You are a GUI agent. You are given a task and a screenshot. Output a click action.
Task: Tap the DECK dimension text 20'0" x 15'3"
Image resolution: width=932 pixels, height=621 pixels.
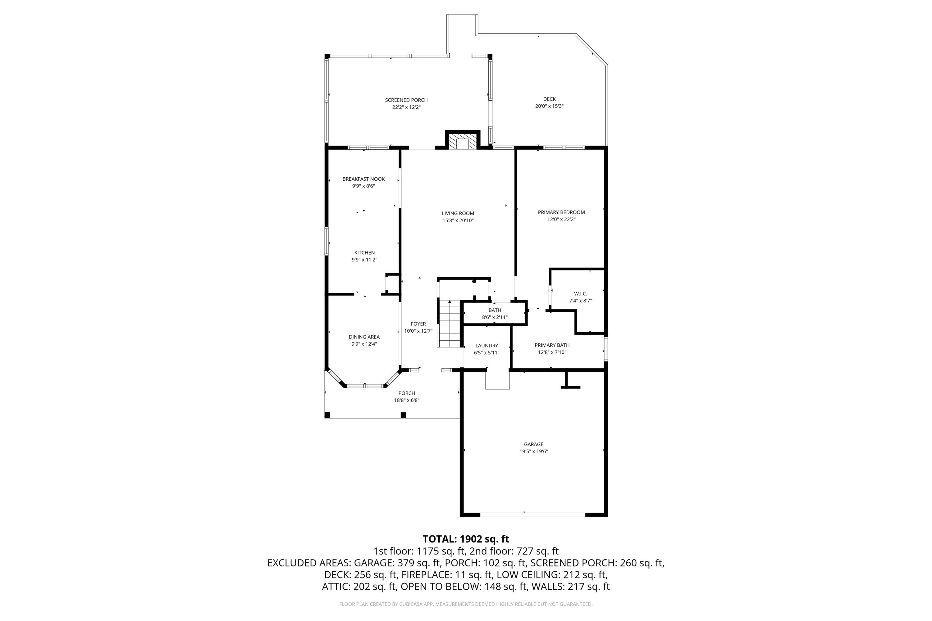pos(549,106)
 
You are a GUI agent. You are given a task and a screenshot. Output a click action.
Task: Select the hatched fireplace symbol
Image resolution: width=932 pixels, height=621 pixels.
pos(463,143)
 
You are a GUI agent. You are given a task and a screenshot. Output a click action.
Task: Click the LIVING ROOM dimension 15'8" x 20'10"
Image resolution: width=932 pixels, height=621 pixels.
pos(458,220)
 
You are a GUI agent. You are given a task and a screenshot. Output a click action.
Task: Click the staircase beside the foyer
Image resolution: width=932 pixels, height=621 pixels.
pos(449,324)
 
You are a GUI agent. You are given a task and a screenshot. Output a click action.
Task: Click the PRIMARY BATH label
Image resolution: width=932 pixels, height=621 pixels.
pos(552,345)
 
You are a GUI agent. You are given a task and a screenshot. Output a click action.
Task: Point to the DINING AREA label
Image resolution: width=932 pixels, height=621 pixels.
pos(364,337)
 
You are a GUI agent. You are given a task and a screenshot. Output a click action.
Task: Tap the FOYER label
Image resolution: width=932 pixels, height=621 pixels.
pos(418,324)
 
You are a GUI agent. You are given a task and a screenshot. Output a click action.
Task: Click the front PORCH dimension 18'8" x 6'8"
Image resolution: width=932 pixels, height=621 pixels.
pos(407,401)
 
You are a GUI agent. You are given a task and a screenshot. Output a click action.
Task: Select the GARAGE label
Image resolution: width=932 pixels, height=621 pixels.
pos(533,444)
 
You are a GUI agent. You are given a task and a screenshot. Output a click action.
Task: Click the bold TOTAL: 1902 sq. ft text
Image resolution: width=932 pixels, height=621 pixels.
pos(466,539)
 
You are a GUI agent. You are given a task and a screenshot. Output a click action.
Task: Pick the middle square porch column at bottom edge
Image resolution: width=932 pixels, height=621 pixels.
pos(403,415)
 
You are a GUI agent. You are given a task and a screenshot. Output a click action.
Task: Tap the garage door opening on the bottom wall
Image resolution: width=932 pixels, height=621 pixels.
pos(532,514)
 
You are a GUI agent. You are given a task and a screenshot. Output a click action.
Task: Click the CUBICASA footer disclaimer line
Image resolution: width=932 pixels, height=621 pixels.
pos(466,604)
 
